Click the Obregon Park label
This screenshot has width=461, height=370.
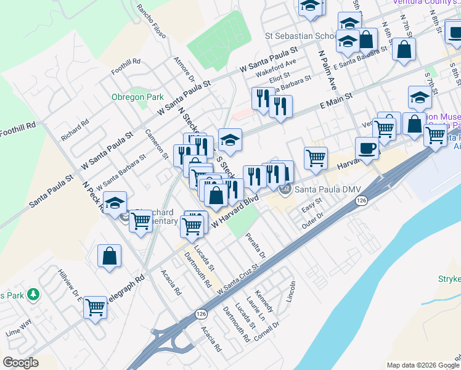pyautogui.click(x=137, y=97)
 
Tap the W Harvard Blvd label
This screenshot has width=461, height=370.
pyautogui.click(x=234, y=212)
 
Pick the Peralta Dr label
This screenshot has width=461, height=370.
pyautogui.click(x=256, y=245)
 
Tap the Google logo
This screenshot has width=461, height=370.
pyautogui.click(x=20, y=362)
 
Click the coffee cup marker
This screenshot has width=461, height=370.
pyautogui.click(x=367, y=149)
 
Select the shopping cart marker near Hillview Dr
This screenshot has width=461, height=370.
pyautogui.click(x=95, y=306)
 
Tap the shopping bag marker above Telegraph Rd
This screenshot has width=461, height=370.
pyautogui.click(x=109, y=256)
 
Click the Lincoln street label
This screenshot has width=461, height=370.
pyautogui.click(x=291, y=292)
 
